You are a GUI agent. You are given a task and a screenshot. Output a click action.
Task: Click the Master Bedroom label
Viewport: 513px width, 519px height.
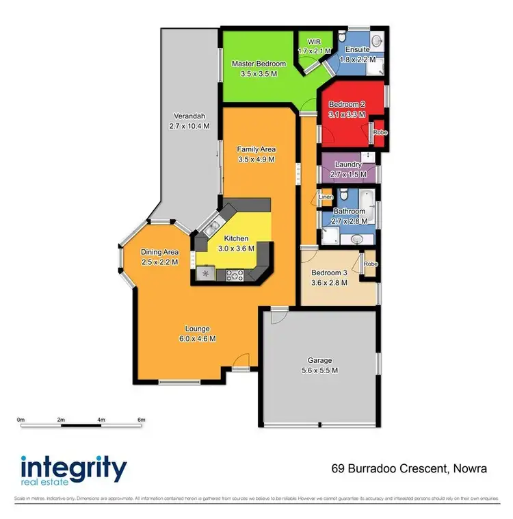(x=258, y=64)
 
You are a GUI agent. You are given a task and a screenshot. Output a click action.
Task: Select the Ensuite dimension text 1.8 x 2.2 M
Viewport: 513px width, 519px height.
(x=360, y=60)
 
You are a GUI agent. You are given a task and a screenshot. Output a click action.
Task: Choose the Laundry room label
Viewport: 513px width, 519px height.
(x=348, y=165)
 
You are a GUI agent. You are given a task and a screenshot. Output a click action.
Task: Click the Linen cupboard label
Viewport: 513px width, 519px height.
(x=326, y=197)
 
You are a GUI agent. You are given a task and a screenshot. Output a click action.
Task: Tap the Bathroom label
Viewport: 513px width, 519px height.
(x=350, y=211)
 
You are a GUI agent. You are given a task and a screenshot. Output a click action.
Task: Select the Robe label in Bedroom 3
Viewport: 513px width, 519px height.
(x=371, y=264)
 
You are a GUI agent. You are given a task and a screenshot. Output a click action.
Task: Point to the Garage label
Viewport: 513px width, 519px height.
(x=320, y=360)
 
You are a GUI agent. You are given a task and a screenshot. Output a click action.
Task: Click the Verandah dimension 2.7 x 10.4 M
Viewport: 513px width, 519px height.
(x=189, y=126)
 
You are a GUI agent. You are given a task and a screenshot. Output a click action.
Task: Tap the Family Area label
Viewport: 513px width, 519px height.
(x=256, y=149)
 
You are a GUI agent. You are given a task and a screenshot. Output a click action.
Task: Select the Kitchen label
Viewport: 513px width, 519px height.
(x=233, y=238)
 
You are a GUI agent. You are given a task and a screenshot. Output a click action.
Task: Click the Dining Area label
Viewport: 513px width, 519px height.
(x=159, y=252)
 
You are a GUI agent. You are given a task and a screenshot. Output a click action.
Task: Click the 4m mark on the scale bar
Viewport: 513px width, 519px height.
(x=101, y=420)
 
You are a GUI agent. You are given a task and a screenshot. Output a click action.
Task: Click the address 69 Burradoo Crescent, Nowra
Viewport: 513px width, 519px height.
(x=409, y=469)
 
